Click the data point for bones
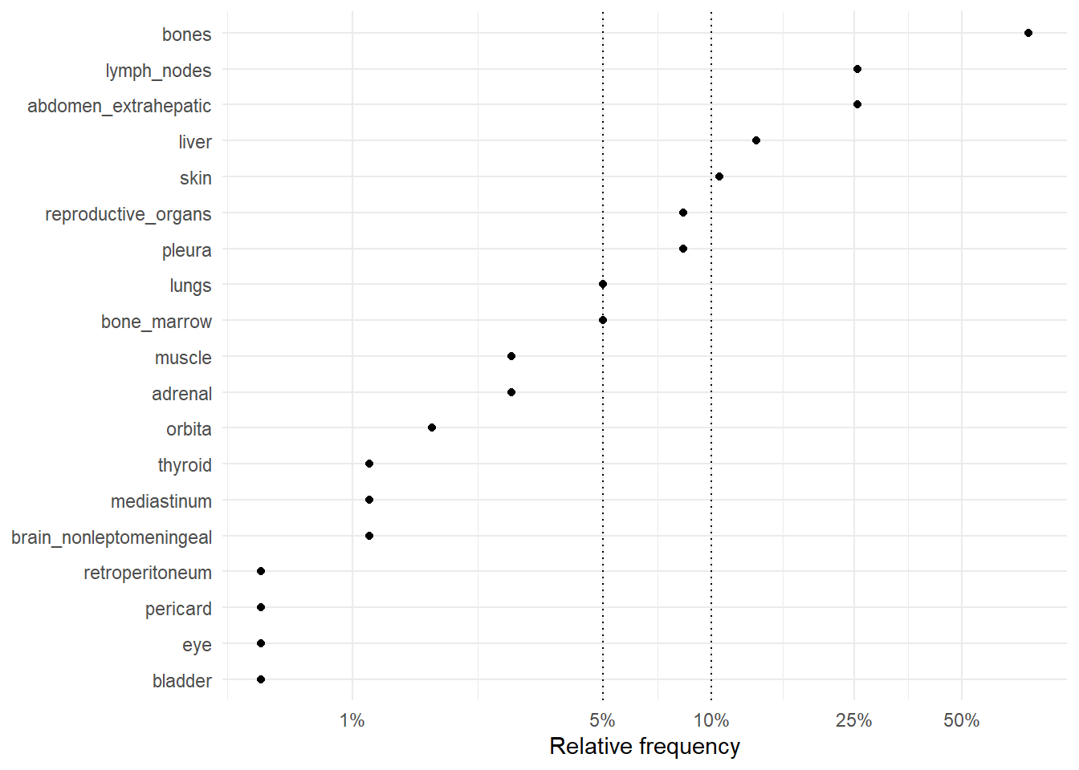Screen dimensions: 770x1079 click(x=1028, y=33)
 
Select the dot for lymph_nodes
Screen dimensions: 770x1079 click(x=857, y=69)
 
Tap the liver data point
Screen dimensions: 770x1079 click(x=756, y=140)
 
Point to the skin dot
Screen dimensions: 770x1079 click(x=719, y=176)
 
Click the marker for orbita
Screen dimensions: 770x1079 click(x=432, y=428)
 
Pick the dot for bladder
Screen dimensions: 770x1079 click(x=261, y=679)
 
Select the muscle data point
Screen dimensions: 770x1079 click(x=511, y=356)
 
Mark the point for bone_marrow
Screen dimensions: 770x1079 click(x=603, y=320)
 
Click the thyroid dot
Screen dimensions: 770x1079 click(x=369, y=464)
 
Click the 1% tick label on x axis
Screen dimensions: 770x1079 click(x=352, y=720)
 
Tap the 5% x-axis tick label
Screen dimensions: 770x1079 click(x=602, y=720)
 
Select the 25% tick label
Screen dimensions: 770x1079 click(x=853, y=720)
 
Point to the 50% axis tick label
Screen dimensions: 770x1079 click(x=961, y=720)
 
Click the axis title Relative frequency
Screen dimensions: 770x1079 click(x=645, y=747)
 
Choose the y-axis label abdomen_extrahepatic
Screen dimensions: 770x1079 click(x=120, y=106)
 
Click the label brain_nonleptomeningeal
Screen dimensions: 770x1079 click(x=112, y=537)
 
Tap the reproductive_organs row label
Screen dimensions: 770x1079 click(x=128, y=214)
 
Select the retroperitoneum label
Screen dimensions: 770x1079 click(x=148, y=573)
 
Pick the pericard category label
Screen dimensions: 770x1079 click(x=178, y=609)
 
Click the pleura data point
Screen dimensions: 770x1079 click(x=683, y=249)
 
